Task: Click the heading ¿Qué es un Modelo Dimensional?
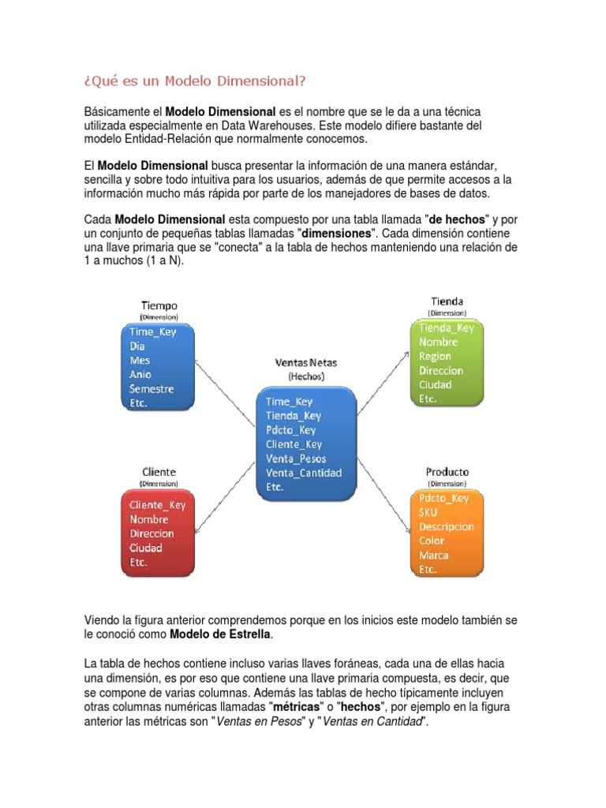194,81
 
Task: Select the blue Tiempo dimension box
159,367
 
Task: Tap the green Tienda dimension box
448,364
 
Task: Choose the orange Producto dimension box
447,533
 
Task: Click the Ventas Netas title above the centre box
305,363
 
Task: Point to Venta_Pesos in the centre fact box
296,458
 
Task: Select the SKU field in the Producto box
428,512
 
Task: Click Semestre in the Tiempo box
152,389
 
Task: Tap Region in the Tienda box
436,357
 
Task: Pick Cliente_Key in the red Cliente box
158,505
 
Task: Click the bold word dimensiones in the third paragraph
333,234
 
